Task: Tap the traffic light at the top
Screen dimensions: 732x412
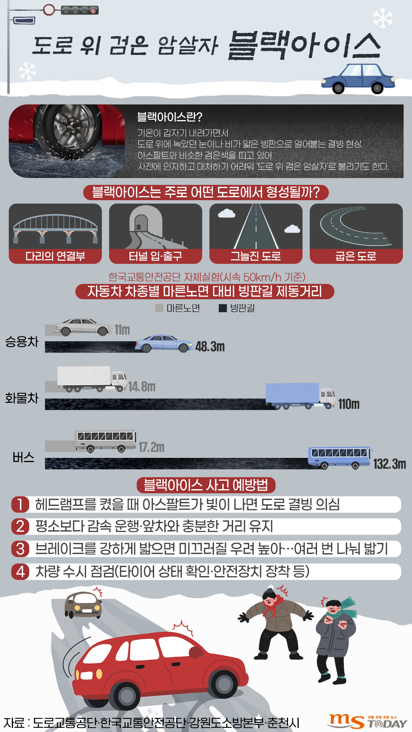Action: [x=79, y=10]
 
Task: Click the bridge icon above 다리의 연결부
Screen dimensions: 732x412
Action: [x=55, y=227]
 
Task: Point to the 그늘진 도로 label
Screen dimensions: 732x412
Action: [x=256, y=256]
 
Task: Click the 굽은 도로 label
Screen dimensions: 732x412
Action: [x=356, y=256]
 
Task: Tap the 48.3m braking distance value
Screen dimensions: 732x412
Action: [x=210, y=347]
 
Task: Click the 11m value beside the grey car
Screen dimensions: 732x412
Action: [x=122, y=330]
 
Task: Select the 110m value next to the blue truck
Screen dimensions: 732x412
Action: [x=349, y=404]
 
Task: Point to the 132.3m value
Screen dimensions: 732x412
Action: [x=389, y=464]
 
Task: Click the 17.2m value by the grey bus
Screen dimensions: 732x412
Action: [x=151, y=447]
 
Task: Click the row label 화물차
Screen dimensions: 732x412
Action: [x=22, y=398]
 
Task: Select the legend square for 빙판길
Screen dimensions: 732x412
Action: [x=223, y=308]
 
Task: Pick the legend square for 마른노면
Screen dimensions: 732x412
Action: [x=159, y=308]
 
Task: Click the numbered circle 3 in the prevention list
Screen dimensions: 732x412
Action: [x=20, y=549]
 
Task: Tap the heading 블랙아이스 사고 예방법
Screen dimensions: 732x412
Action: [x=206, y=485]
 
